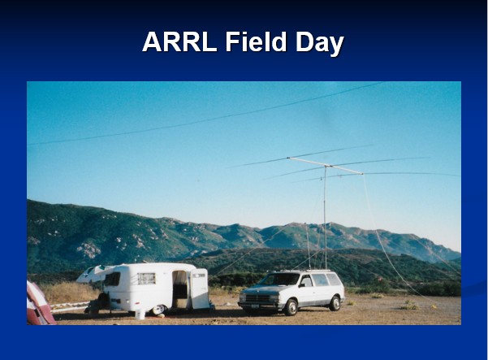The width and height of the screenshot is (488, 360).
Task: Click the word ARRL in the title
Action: (179, 41)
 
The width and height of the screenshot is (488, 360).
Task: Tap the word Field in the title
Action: (256, 41)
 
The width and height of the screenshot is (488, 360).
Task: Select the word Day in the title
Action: (320, 44)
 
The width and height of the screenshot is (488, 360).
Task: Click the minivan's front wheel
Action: (291, 307)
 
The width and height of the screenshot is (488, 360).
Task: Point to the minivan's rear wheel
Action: (335, 303)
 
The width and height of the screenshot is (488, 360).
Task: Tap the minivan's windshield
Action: (279, 280)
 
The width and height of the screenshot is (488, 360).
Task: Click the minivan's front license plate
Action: (255, 306)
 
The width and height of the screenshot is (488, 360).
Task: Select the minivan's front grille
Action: (257, 299)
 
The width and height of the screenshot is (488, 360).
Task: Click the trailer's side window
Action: (146, 279)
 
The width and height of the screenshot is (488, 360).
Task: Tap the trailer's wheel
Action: (158, 310)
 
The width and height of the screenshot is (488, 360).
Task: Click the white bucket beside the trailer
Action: (140, 314)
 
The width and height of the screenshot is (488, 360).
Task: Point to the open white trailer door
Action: (200, 288)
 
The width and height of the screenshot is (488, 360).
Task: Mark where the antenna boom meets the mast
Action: (326, 166)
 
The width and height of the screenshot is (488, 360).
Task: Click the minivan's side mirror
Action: (301, 285)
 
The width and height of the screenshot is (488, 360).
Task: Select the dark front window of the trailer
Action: (112, 279)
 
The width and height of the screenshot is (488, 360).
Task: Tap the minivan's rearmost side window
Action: (334, 280)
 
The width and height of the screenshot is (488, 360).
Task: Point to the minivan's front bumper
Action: (261, 305)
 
